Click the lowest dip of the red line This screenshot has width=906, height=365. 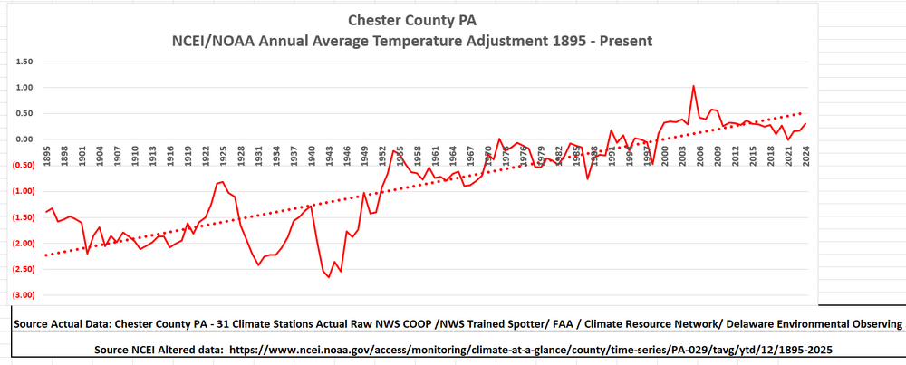click(329, 277)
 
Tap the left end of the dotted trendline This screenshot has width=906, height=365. click(47, 255)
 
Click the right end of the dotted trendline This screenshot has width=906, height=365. click(804, 113)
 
